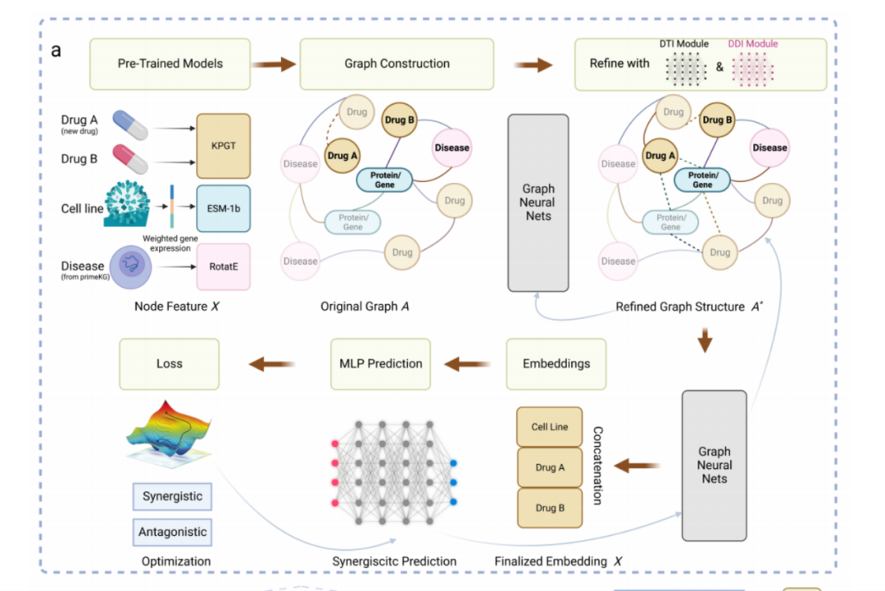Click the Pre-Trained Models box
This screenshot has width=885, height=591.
170,64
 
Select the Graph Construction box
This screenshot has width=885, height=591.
397,64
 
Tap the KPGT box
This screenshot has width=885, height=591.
223,146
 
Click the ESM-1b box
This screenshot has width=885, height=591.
223,208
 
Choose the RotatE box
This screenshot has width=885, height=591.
223,266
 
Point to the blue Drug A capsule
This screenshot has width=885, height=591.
130,126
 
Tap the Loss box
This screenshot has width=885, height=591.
170,364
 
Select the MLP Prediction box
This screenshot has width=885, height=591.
381,364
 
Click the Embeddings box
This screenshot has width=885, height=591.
556,364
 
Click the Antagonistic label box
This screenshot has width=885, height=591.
172,532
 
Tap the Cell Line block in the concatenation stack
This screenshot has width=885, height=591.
549,427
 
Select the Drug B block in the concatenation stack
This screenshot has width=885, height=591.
549,508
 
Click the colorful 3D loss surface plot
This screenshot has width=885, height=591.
170,431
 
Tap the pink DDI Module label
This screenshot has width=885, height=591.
752,44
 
